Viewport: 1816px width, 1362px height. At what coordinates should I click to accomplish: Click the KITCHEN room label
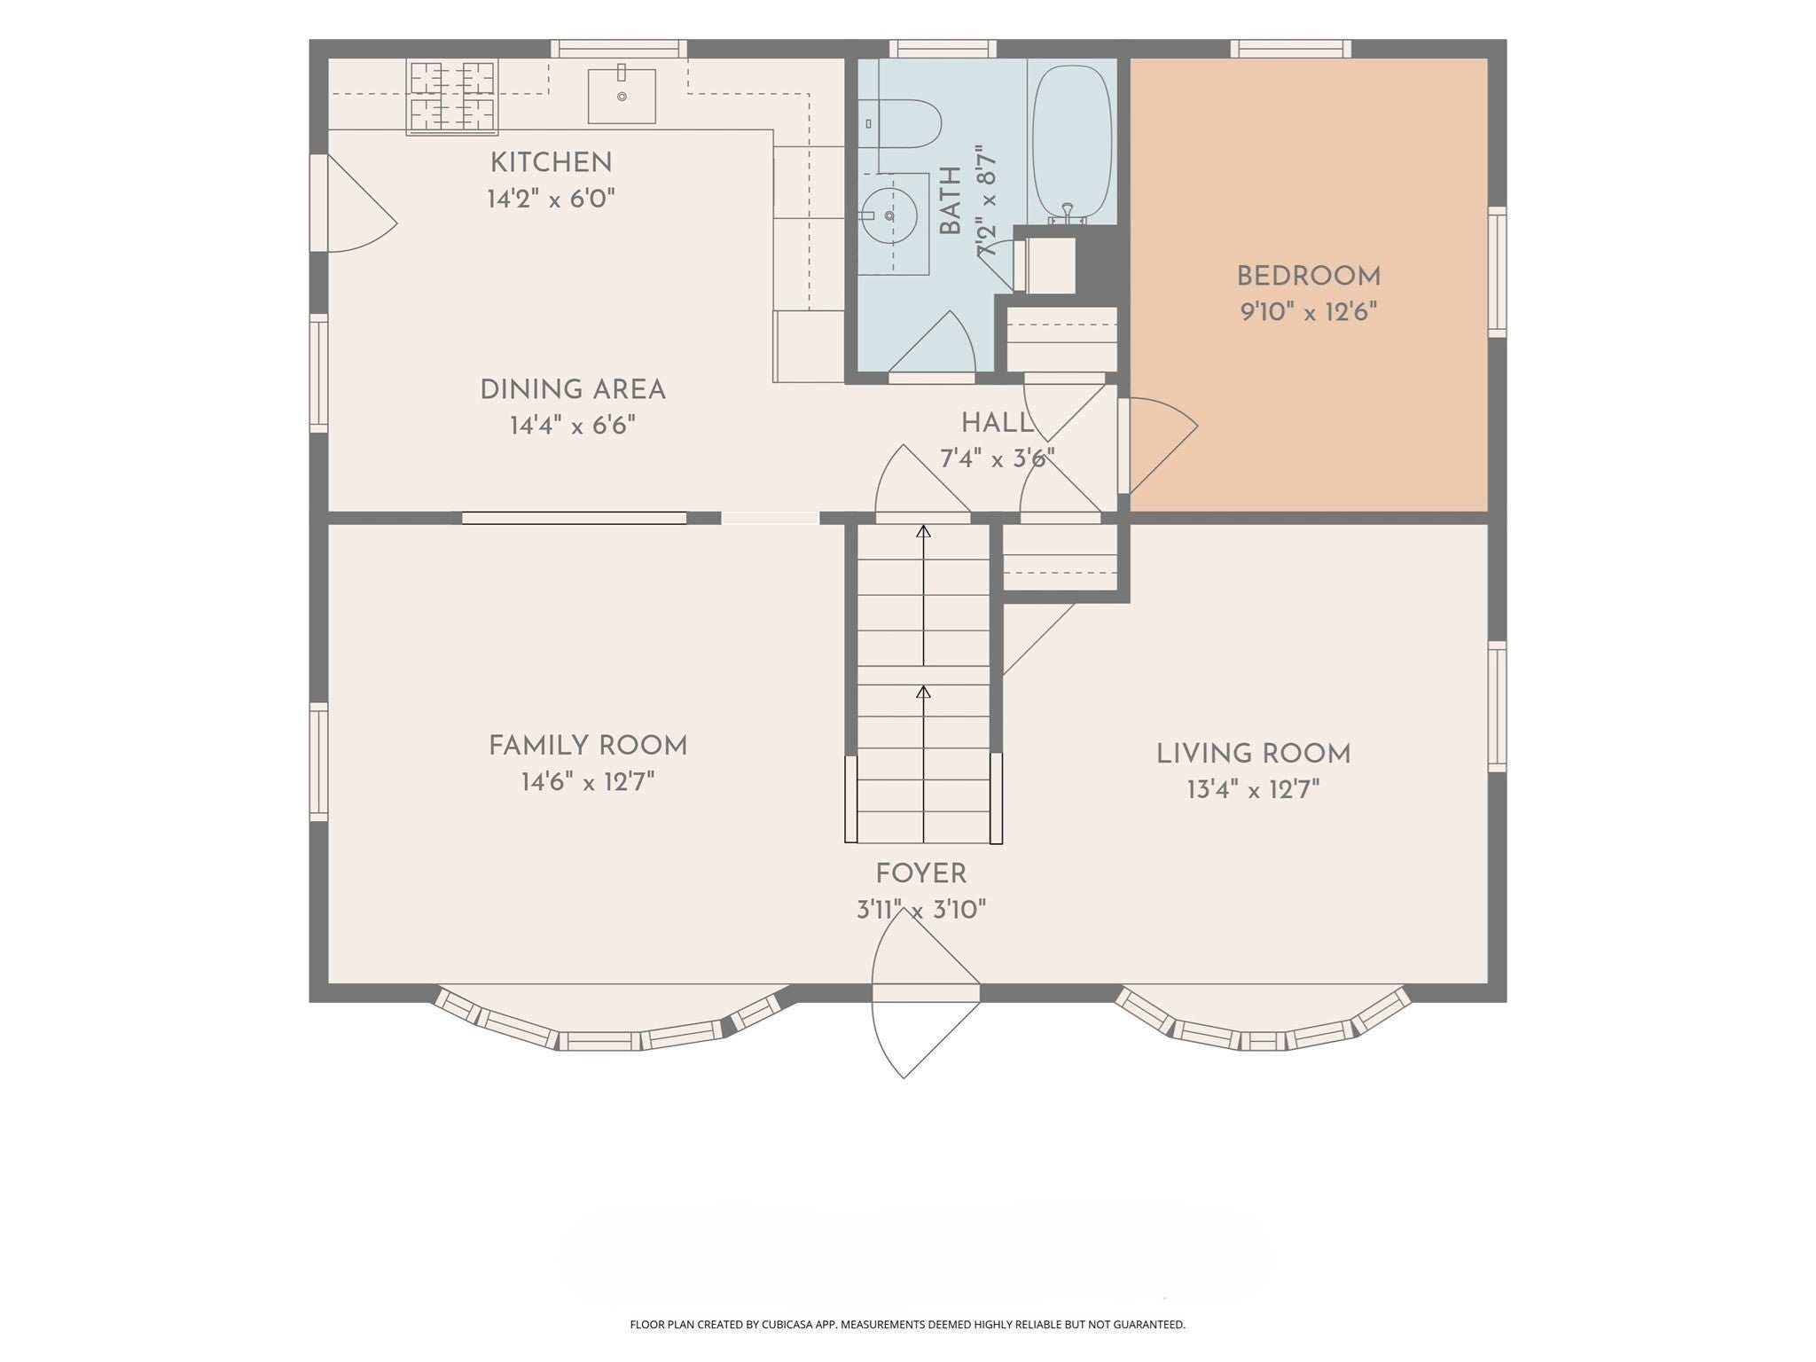pyautogui.click(x=551, y=163)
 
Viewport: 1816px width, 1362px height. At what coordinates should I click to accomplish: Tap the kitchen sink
pyautogui.click(x=622, y=96)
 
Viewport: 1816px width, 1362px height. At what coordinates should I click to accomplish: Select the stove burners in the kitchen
pyautogui.click(x=452, y=97)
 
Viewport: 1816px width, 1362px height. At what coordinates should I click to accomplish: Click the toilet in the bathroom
pyautogui.click(x=901, y=124)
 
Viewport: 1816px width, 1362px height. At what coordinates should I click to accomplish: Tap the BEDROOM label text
pyautogui.click(x=1309, y=277)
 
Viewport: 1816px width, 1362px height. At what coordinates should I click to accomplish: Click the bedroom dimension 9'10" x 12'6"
pyautogui.click(x=1309, y=312)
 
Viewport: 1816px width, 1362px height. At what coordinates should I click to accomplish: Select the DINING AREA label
pyautogui.click(x=573, y=390)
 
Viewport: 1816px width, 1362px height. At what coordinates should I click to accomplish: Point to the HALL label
pyautogui.click(x=997, y=423)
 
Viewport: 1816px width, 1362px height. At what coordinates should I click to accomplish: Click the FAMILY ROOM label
pyautogui.click(x=588, y=746)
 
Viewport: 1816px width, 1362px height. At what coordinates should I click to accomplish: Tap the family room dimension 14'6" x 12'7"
pyautogui.click(x=588, y=782)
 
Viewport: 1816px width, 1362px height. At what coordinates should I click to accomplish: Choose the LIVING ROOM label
pyautogui.click(x=1254, y=754)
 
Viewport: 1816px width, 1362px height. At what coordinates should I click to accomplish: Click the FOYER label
pyautogui.click(x=920, y=874)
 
